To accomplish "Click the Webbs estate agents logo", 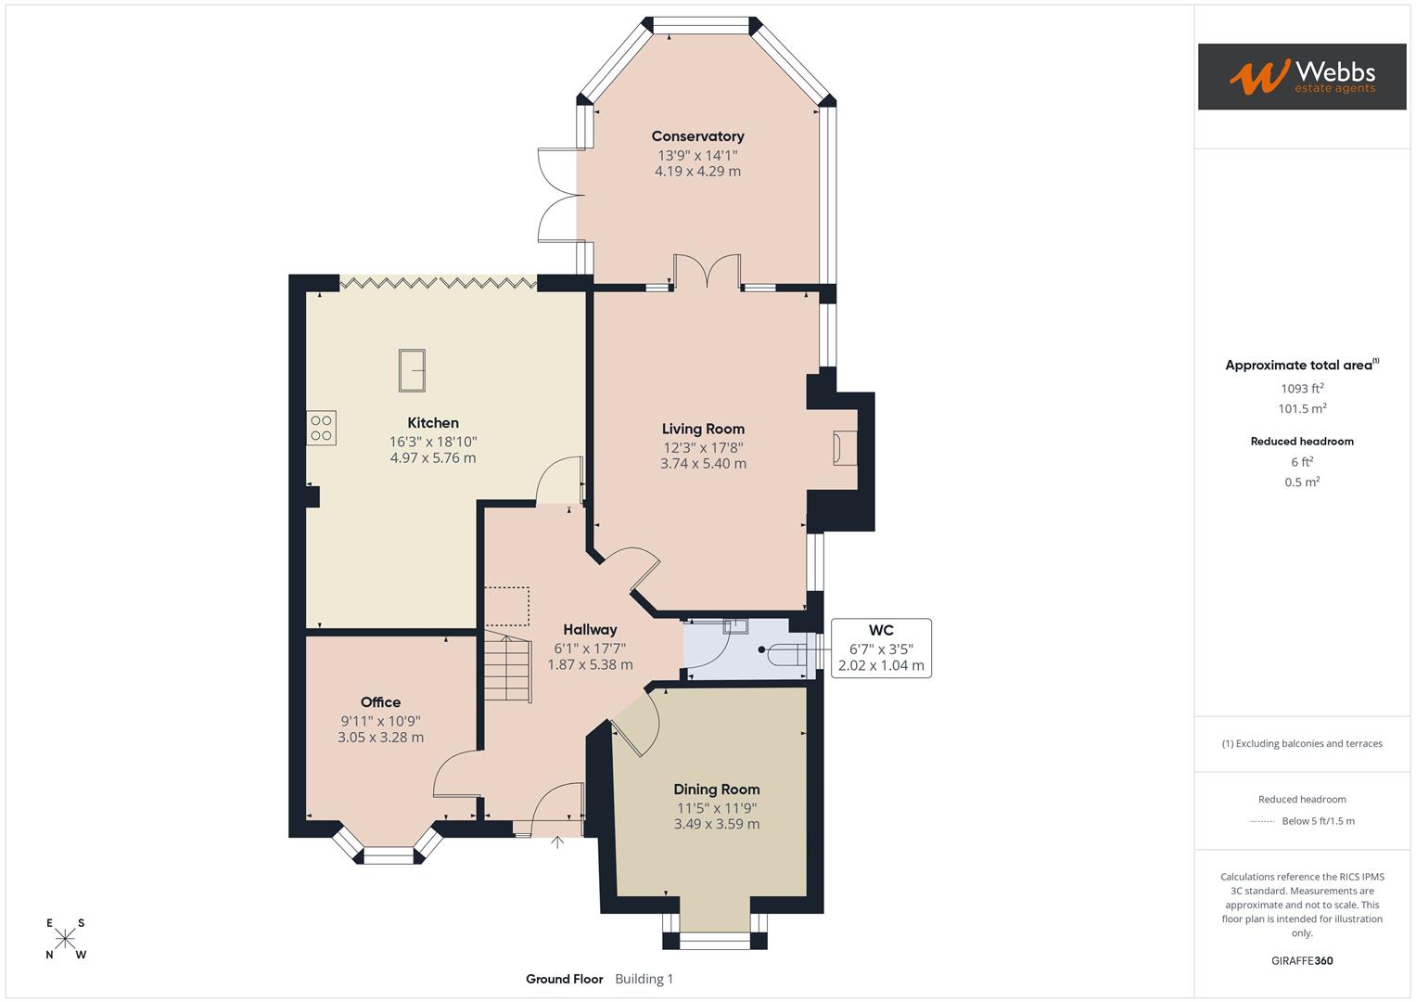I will point(1301,76).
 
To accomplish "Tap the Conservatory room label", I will point(697,136).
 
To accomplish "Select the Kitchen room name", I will point(433,423).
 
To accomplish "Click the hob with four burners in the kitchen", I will point(322,428).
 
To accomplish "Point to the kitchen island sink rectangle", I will point(412,370).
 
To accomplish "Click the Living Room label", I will point(703,429).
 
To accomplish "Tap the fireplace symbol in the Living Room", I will point(844,448).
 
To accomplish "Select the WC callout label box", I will point(881,648).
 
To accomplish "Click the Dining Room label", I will point(716,790).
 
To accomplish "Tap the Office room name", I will point(380,702).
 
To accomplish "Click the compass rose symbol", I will point(65,939).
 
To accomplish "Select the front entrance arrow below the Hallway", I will point(557,842).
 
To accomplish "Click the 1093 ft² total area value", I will point(1302,389).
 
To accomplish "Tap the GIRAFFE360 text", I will point(1302,960).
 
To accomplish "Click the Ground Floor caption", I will point(564,979).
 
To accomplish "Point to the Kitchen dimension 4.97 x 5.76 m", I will point(433,458).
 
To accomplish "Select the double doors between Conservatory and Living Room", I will point(707,271).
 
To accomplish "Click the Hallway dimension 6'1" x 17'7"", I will point(590,649).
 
